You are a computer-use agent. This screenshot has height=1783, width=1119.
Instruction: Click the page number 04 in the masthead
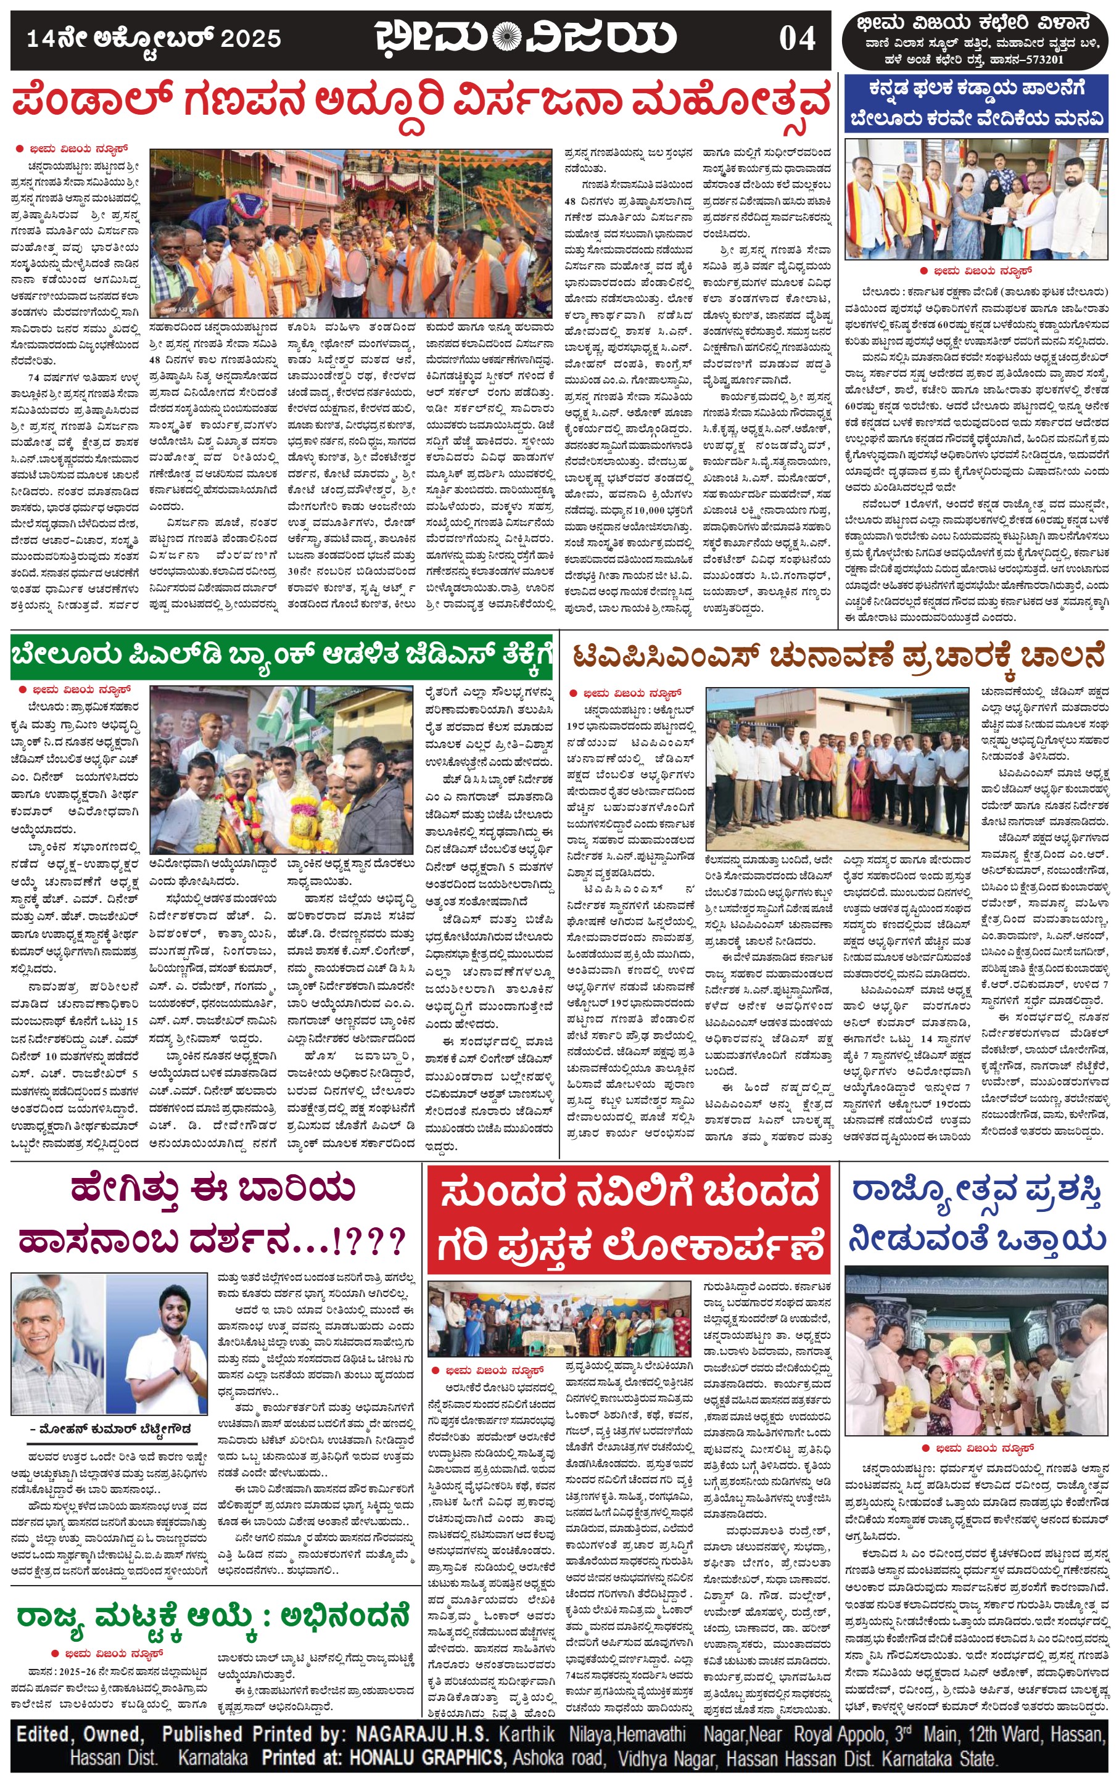pyautogui.click(x=796, y=38)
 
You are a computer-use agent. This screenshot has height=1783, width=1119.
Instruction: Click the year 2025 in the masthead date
pyautogui.click(x=251, y=38)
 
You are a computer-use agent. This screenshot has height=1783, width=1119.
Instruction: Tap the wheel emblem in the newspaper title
pyautogui.click(x=507, y=37)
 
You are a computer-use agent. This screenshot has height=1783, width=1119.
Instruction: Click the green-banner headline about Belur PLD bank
pyautogui.click(x=281, y=656)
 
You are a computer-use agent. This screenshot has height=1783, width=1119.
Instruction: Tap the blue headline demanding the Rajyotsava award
pyautogui.click(x=977, y=1216)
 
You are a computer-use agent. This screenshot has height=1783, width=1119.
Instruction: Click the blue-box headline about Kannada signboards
pyautogui.click(x=977, y=103)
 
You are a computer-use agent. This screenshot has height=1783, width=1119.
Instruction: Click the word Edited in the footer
pyautogui.click(x=44, y=1734)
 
